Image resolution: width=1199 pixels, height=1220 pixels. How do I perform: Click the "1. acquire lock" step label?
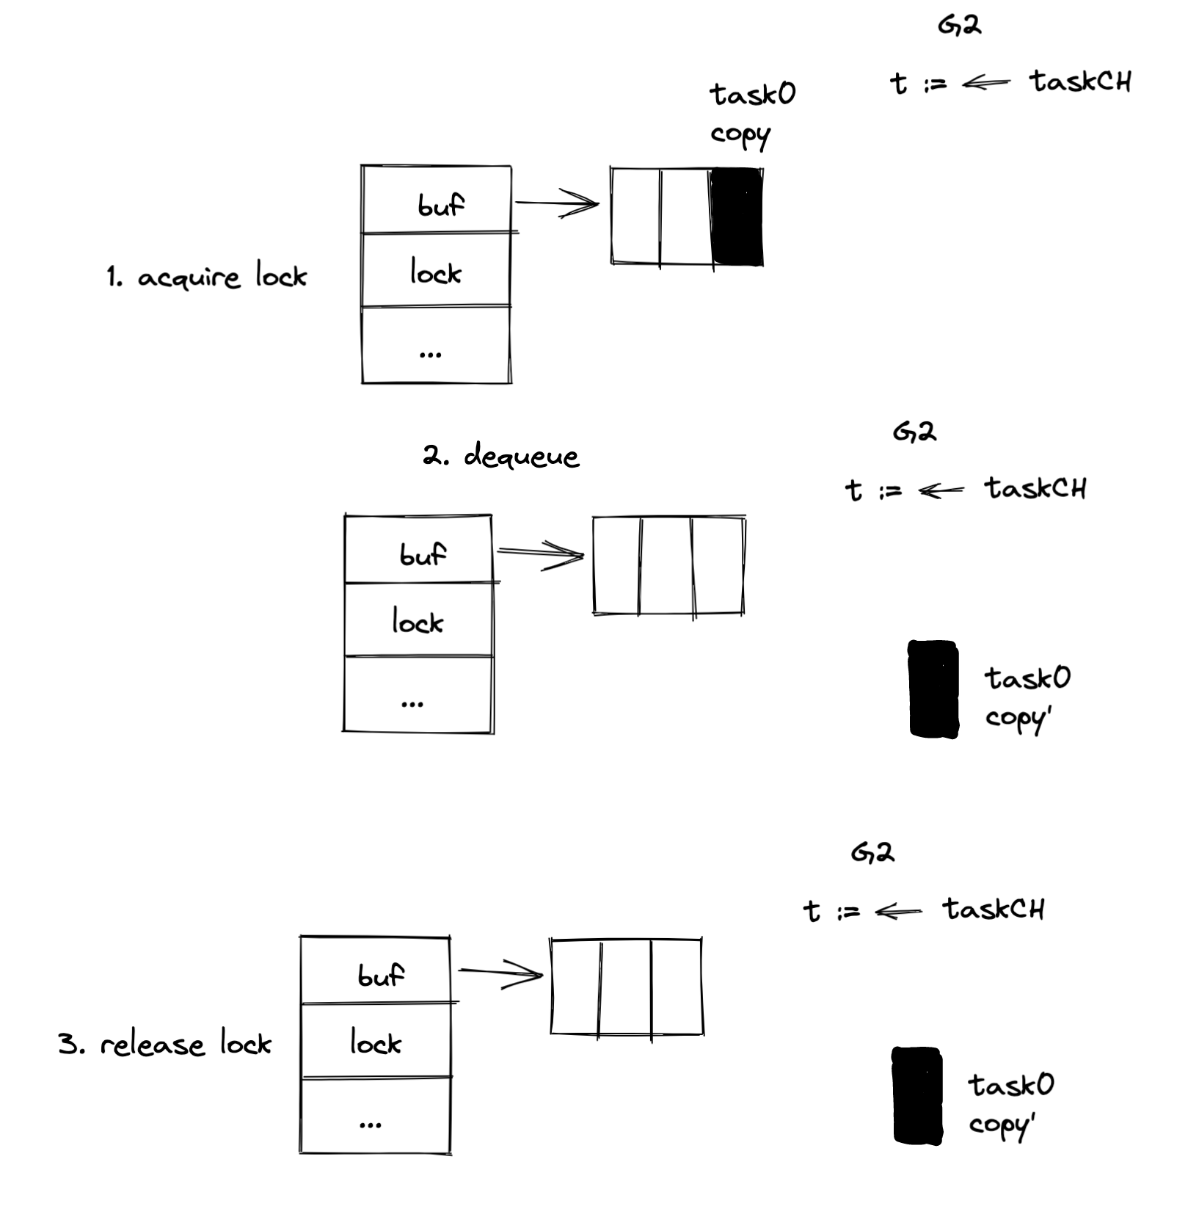(x=206, y=277)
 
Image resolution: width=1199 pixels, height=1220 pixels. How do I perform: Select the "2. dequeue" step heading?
(x=500, y=456)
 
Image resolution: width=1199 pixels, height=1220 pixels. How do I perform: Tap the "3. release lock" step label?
(x=164, y=1044)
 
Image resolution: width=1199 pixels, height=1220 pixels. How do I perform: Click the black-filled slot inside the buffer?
(x=737, y=217)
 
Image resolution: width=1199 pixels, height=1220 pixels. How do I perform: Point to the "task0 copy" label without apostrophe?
(x=751, y=115)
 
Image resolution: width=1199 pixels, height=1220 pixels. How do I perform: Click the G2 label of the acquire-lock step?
(x=959, y=26)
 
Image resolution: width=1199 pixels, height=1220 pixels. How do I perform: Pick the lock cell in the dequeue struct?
(x=418, y=621)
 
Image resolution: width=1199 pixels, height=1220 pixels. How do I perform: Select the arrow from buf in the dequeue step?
(x=541, y=555)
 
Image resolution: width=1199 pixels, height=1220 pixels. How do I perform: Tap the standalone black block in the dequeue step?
(x=933, y=689)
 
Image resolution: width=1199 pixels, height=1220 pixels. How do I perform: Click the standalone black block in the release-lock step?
(x=917, y=1095)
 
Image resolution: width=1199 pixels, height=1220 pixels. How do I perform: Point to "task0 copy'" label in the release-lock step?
(x=1010, y=1104)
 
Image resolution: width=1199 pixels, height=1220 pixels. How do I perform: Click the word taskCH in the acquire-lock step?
(x=1080, y=81)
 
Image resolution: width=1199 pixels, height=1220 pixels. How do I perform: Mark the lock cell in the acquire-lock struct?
(x=436, y=271)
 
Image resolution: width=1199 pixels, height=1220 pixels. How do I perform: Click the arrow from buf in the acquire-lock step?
(x=558, y=203)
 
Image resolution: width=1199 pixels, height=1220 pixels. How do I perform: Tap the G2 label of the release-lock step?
(x=872, y=852)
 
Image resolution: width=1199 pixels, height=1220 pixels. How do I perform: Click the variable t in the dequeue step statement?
(x=853, y=490)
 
